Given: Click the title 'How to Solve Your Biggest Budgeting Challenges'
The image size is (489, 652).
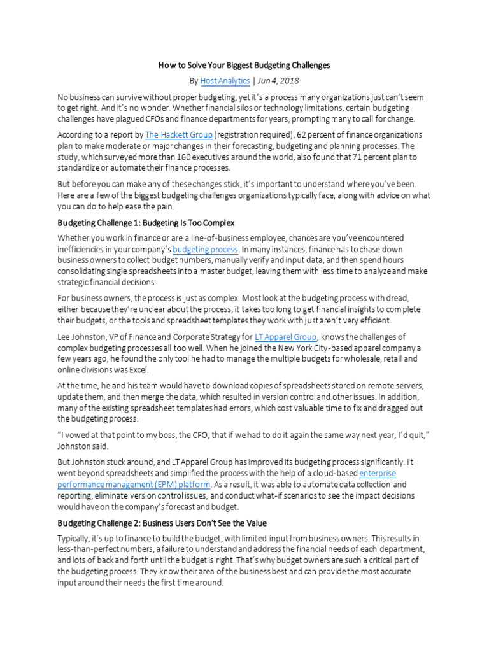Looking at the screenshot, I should click(x=244, y=66).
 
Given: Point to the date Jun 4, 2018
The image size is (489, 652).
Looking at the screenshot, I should click(x=278, y=81).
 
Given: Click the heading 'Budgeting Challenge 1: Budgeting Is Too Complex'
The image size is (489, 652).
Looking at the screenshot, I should click(x=146, y=223).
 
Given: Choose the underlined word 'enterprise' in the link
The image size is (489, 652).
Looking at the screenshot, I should click(x=378, y=474).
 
